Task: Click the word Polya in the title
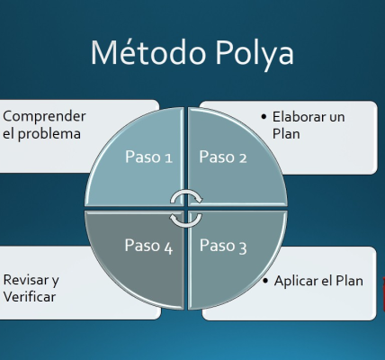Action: click(x=254, y=55)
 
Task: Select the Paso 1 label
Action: click(x=148, y=157)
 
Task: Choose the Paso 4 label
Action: click(x=148, y=246)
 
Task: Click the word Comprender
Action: click(x=45, y=116)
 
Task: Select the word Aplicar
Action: click(x=296, y=281)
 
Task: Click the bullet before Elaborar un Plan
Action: click(x=263, y=117)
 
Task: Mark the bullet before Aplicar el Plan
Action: click(x=266, y=281)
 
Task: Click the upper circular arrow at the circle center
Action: click(x=185, y=198)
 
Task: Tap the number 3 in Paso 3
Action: click(x=242, y=246)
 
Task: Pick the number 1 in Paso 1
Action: click(x=168, y=157)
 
